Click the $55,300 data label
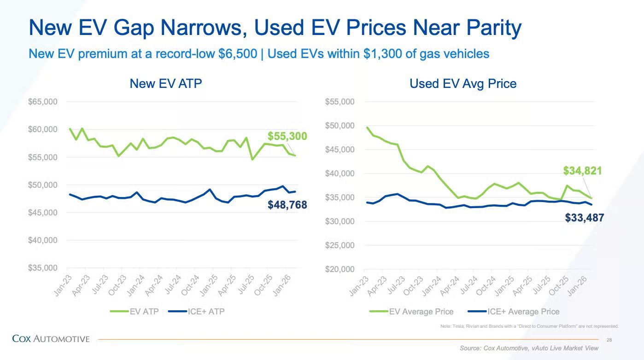[x=287, y=136]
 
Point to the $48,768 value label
[x=287, y=205]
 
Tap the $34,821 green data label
[x=582, y=171]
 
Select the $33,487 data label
[x=584, y=218]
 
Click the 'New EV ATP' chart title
[x=166, y=84]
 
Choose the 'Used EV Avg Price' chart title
[x=463, y=84]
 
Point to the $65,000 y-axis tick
[x=42, y=102]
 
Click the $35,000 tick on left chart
[x=42, y=268]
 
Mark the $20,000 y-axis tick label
[x=340, y=269]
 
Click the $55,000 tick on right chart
[x=340, y=102]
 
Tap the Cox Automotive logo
[x=51, y=339]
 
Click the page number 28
[x=609, y=340]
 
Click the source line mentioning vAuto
[x=529, y=348]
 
